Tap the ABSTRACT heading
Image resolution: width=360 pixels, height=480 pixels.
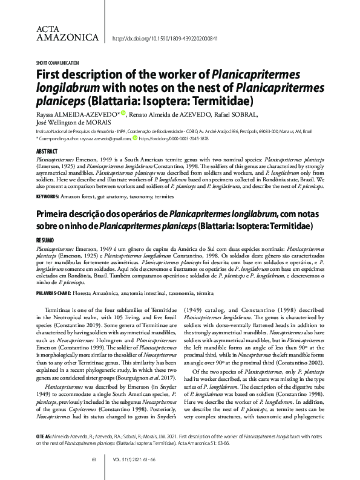click(47, 151)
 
